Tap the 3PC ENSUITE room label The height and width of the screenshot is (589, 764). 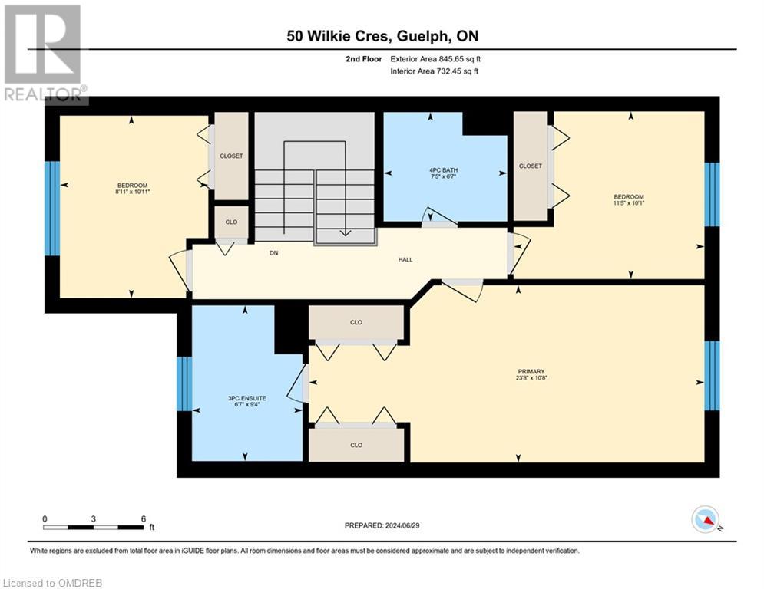coord(247,398)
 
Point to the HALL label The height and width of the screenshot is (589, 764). coord(405,259)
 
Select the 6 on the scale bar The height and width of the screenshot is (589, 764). coord(144,518)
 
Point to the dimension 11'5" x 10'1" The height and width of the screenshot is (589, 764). coord(627,204)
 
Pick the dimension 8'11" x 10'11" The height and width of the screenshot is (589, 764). coord(132,192)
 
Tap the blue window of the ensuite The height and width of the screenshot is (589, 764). coord(183,383)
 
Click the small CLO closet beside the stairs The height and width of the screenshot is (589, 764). coord(230,222)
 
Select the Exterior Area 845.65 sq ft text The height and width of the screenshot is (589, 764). coord(435,59)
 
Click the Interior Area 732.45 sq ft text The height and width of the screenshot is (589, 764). coord(435,71)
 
